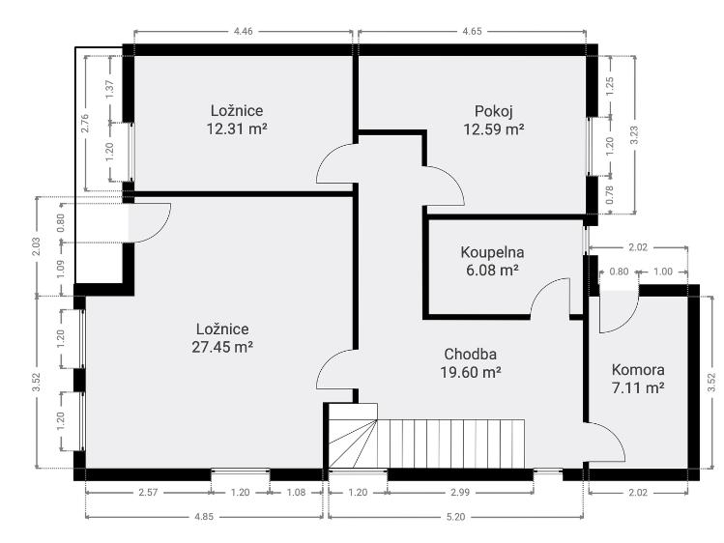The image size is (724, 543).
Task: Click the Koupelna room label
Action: click(x=492, y=252)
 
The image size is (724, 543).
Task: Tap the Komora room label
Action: click(x=638, y=369)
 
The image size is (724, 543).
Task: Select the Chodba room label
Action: click(x=471, y=354)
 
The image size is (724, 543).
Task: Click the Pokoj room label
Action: click(x=494, y=111)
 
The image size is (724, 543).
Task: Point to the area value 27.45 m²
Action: click(x=222, y=347)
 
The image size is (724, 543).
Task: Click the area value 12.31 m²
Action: click(x=237, y=129)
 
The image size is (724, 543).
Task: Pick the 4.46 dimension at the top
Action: click(x=244, y=31)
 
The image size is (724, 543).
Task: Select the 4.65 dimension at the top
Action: click(x=473, y=31)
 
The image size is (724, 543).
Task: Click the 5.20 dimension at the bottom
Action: click(x=455, y=517)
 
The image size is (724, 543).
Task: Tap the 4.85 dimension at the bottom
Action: click(x=204, y=517)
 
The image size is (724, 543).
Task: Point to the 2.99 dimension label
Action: click(x=460, y=492)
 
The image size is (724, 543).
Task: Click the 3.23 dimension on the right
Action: click(x=634, y=135)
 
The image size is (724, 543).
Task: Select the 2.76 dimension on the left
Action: click(x=84, y=123)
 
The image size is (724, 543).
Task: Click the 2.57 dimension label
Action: click(x=148, y=492)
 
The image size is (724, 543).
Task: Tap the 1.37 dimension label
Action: click(x=109, y=89)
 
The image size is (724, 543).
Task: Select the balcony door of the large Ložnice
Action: click(x=149, y=222)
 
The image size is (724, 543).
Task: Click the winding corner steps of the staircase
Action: click(x=353, y=443)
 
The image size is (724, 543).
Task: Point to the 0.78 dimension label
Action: click(x=610, y=195)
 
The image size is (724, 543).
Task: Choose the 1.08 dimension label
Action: click(x=296, y=492)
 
